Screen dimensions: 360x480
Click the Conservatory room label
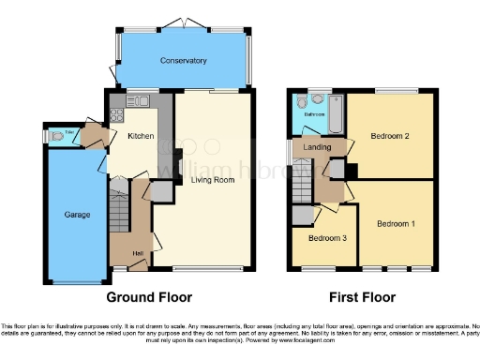tap(183, 61)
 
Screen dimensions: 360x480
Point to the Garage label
tap(78, 215)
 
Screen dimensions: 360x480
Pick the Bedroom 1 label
tap(396, 224)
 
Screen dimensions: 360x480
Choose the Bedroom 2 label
tap(389, 137)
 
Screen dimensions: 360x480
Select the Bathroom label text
tap(313, 114)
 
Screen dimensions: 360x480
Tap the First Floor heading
tap(361, 298)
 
